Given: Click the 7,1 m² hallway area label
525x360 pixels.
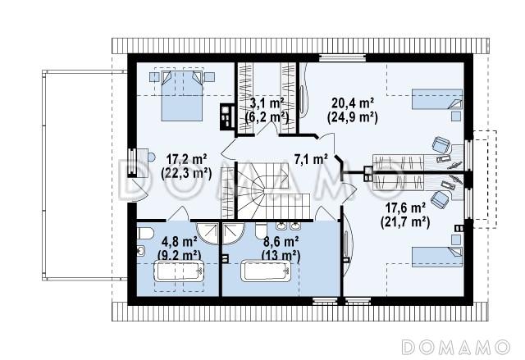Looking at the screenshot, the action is click(311, 159).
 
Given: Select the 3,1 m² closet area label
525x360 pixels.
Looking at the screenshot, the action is click(267, 103).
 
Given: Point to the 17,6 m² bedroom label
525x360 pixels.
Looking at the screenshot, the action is click(405, 208).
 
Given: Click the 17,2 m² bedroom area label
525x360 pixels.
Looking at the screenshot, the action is click(186, 160).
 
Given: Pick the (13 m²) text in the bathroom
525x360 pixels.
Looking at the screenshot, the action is click(281, 256).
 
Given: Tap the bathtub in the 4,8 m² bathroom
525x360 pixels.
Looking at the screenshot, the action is click(179, 271).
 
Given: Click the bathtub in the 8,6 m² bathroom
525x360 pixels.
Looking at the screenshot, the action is click(267, 271).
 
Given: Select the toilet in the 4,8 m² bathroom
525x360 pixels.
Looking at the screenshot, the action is click(145, 233).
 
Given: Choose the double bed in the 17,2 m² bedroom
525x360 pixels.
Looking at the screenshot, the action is click(182, 95).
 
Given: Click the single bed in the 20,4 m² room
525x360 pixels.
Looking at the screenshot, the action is click(437, 99).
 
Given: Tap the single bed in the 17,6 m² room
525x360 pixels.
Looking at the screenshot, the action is click(437, 257).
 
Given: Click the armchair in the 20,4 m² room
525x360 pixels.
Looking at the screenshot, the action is click(441, 145).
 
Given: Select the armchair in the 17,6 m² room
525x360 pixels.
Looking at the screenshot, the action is click(440, 198).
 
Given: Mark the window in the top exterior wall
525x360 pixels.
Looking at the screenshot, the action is click(341, 58).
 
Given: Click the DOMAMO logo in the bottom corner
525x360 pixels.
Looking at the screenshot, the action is click(456, 347).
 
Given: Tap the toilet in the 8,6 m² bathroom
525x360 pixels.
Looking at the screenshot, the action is click(261, 230).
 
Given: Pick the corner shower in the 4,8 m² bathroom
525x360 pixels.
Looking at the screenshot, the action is click(208, 234).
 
